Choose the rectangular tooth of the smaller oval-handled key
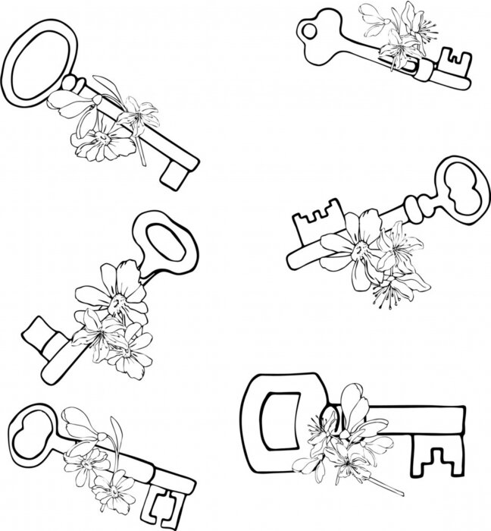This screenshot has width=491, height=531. [39, 334]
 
